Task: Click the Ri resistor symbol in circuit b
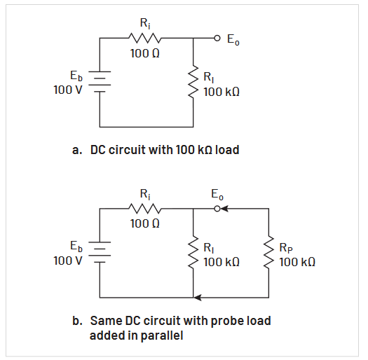(x=145, y=208)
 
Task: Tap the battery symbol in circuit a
(x=100, y=82)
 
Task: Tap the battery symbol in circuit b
(x=100, y=251)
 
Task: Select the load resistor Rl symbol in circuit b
(x=193, y=253)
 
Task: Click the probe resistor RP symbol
(x=269, y=253)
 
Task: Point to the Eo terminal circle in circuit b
(x=217, y=208)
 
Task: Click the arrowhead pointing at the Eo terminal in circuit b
(x=226, y=208)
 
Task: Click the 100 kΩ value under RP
(x=297, y=261)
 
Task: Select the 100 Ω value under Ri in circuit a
(x=144, y=53)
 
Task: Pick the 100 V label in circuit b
(x=68, y=260)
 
